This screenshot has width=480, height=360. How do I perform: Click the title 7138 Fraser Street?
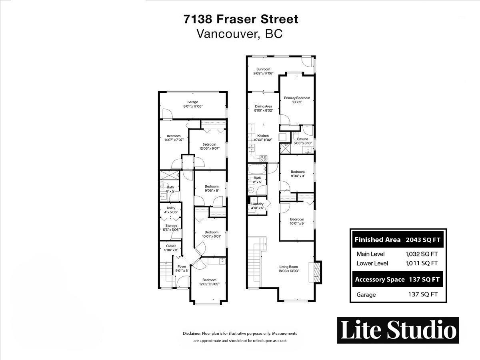click(240, 19)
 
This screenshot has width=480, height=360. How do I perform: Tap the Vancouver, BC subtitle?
click(240, 34)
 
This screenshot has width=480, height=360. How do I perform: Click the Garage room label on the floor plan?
click(193, 102)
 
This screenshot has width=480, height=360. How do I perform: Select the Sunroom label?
click(263, 69)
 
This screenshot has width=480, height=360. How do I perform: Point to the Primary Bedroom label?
click(297, 98)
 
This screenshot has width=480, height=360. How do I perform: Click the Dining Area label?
click(263, 106)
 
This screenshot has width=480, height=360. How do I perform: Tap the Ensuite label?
click(302, 139)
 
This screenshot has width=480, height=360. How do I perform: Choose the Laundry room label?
click(257, 204)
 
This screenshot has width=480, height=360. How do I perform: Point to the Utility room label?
click(171, 208)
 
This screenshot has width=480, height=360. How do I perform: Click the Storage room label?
click(171, 226)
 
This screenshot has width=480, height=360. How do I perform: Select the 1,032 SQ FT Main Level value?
click(422, 254)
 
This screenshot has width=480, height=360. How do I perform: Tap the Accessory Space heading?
click(380, 280)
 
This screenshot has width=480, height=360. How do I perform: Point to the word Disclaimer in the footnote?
click(192, 333)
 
